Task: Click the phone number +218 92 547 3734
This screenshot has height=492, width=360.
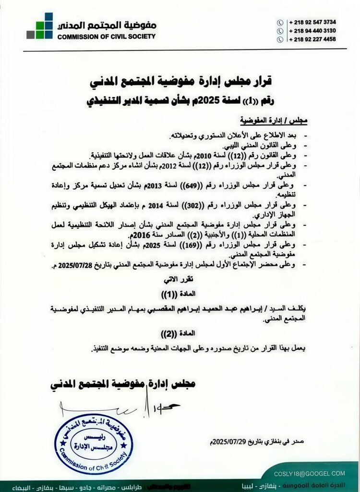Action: click(x=312, y=22)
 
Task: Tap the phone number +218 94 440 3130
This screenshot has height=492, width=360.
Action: click(x=312, y=31)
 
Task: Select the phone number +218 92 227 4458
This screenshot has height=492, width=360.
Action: click(x=312, y=39)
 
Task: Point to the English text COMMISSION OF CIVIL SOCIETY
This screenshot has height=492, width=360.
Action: click(x=107, y=37)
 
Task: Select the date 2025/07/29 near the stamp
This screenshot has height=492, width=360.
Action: click(x=227, y=441)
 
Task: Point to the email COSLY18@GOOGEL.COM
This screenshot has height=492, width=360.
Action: click(x=309, y=473)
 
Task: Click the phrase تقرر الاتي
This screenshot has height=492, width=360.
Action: click(x=180, y=279)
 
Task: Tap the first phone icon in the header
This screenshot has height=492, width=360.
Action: click(x=280, y=22)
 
